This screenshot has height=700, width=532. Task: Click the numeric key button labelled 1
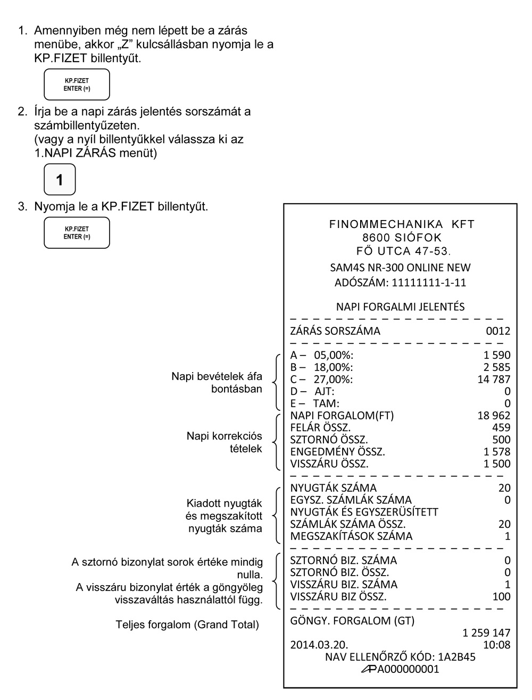pyautogui.click(x=60, y=180)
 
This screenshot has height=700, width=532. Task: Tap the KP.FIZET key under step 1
pyautogui.click(x=77, y=85)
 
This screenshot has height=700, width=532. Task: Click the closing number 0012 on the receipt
pyautogui.click(x=498, y=331)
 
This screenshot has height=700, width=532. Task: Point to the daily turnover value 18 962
pyautogui.click(x=494, y=416)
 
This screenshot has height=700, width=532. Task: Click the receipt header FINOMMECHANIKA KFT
pyautogui.click(x=402, y=224)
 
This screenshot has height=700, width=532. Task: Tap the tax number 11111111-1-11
pyautogui.click(x=429, y=283)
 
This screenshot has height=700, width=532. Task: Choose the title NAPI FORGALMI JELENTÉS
pyautogui.click(x=400, y=307)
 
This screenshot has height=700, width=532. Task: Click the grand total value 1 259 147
pyautogui.click(x=486, y=633)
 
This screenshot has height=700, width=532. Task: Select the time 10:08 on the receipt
pyautogui.click(x=497, y=645)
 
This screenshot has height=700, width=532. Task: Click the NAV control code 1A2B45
pyautogui.click(x=457, y=657)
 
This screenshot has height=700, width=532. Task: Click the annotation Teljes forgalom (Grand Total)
pyautogui.click(x=187, y=625)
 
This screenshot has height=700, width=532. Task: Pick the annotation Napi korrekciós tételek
pyautogui.click(x=224, y=442)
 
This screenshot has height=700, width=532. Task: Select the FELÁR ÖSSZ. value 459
pyautogui.click(x=501, y=428)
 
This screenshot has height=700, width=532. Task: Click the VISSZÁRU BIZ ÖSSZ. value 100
pyautogui.click(x=501, y=597)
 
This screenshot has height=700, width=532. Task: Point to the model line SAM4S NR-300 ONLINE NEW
pyautogui.click(x=400, y=268)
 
